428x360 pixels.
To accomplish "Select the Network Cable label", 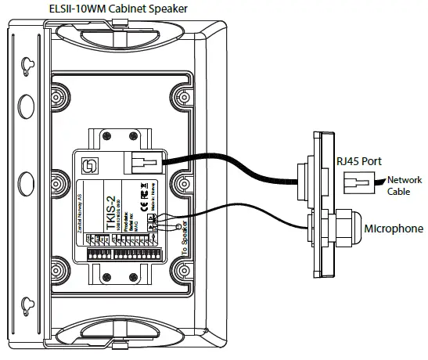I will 405,184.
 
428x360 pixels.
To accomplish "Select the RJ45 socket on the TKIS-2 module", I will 143,163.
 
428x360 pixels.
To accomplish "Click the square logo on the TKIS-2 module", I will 89,164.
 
